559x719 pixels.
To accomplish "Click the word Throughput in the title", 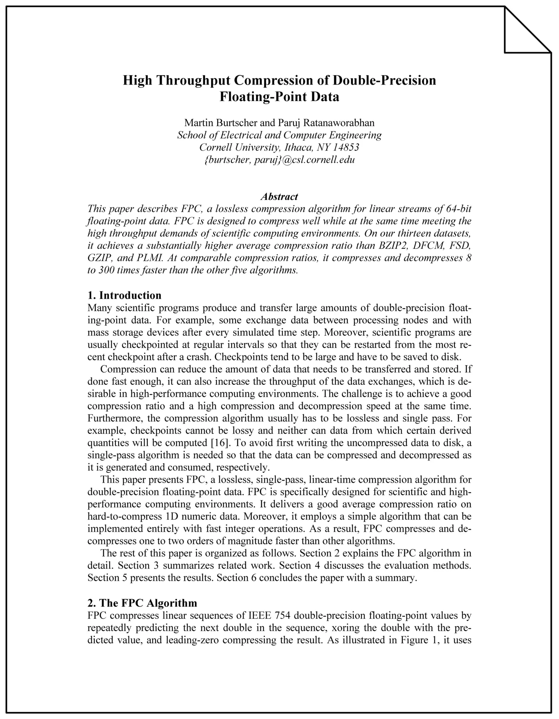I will click(x=192, y=80).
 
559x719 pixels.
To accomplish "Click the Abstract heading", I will click(x=279, y=196).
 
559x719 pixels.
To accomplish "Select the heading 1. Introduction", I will click(x=124, y=295).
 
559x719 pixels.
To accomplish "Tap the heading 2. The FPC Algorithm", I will click(x=142, y=602).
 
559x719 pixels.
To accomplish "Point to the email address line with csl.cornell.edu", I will click(x=279, y=160).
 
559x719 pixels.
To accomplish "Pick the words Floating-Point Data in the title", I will click(x=279, y=97).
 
